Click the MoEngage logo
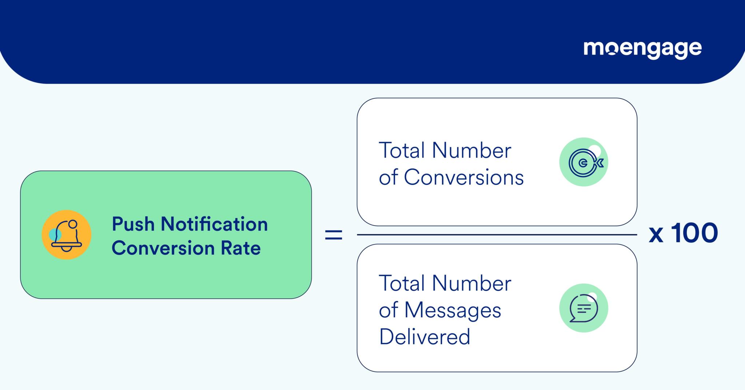point(642,49)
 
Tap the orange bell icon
point(67,235)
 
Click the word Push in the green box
point(133,224)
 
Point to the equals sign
point(334,235)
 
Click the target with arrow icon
point(584,162)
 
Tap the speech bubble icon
point(584,308)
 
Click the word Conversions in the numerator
point(463,178)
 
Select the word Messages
point(453,310)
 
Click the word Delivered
point(425,337)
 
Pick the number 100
point(694,233)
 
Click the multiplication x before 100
point(656,235)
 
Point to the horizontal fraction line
point(497,235)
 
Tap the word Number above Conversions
point(471,150)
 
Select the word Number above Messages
point(471,283)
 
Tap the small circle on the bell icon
point(73,224)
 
